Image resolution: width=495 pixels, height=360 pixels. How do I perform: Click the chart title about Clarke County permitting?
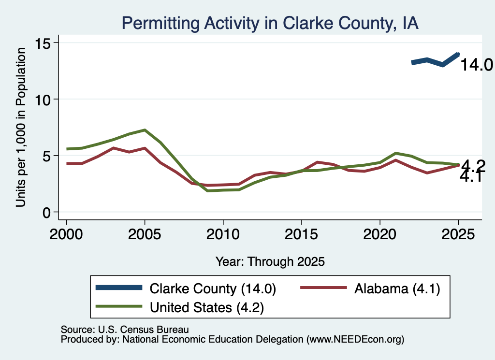tap(270, 23)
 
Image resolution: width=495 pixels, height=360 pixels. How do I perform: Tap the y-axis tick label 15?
tap(43, 43)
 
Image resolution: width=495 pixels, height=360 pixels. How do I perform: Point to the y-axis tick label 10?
tap(43, 100)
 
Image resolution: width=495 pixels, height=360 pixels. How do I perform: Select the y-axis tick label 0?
tap(46, 213)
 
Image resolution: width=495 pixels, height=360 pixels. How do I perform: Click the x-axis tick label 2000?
tap(66, 234)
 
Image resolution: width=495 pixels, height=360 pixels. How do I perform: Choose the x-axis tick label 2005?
tap(145, 234)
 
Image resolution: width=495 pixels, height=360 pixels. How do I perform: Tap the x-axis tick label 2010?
tap(223, 234)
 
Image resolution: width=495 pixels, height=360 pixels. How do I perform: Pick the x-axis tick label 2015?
tap(302, 234)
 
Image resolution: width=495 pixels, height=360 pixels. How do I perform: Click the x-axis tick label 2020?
tap(380, 234)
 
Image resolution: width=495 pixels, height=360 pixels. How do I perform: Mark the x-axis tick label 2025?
tap(458, 234)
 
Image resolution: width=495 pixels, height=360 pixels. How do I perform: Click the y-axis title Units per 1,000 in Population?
tap(21, 127)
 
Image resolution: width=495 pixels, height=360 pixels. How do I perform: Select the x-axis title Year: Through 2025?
tap(270, 261)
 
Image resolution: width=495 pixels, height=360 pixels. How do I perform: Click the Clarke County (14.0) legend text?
tap(213, 288)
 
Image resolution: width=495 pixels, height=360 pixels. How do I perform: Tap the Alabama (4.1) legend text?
tap(397, 288)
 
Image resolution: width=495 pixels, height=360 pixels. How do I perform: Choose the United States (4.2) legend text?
tap(207, 307)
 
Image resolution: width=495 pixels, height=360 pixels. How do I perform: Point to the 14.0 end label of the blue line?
tap(476, 65)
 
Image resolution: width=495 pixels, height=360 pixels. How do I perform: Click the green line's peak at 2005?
tap(145, 130)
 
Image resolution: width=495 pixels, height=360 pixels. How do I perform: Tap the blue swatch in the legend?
tap(119, 288)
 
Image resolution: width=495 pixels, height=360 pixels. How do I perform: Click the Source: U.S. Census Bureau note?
tap(125, 330)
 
